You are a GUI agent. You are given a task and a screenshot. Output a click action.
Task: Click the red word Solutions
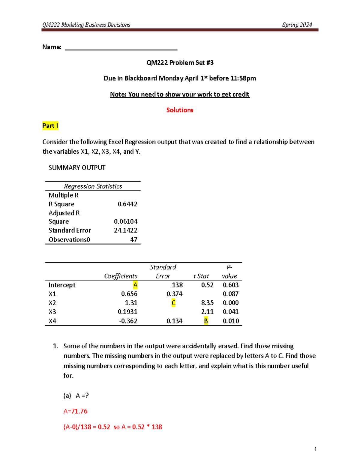tap(180, 110)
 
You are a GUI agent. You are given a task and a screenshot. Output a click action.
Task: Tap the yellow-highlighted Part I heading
tap(50, 126)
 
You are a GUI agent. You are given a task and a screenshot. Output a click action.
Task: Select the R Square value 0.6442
tap(127, 204)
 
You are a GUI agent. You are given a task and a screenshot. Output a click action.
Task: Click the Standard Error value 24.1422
tap(125, 230)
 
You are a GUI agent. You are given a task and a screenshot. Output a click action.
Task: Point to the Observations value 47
tap(133, 239)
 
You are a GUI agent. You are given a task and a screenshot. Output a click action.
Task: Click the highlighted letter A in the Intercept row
tap(135, 285)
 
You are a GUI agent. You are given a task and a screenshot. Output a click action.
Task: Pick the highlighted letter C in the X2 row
tap(173, 303)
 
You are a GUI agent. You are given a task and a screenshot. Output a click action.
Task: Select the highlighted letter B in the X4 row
tap(206, 321)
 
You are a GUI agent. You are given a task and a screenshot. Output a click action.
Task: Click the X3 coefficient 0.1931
tap(127, 312)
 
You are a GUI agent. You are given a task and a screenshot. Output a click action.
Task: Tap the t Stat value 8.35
tap(207, 303)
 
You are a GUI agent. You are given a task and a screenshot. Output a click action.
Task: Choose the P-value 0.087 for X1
tap(230, 294)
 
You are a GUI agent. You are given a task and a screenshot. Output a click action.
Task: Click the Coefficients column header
tap(121, 276)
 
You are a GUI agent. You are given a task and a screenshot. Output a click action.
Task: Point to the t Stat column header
tap(201, 276)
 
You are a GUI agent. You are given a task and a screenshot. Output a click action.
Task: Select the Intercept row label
tap(62, 285)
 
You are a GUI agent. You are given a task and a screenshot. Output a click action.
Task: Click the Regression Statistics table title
tap(93, 186)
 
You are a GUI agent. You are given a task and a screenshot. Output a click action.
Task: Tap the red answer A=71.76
tap(75, 411)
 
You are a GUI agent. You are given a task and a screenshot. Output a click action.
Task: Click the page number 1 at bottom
tap(315, 449)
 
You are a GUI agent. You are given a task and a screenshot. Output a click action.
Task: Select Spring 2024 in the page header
tap(297, 25)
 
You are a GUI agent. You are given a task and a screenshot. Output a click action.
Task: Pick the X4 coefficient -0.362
tap(128, 321)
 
